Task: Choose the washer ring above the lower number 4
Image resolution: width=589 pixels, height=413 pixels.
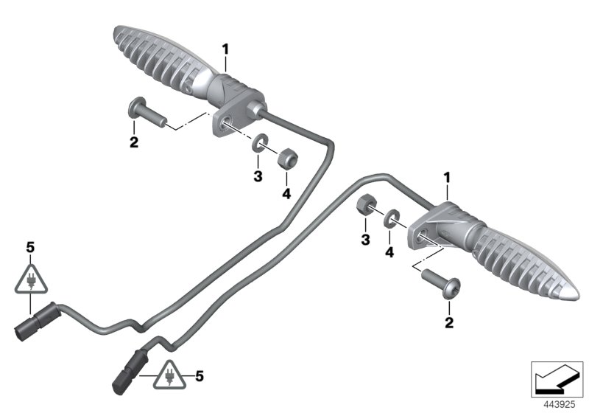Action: pos(391,218)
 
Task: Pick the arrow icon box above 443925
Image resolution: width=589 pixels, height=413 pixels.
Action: pos(556,379)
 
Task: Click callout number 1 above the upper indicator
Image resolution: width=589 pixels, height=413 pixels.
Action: pos(226,49)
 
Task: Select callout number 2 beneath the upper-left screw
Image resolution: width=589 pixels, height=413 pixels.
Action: pos(134,142)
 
